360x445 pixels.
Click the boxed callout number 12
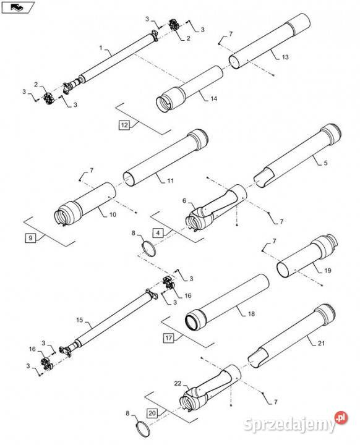coord(124,125)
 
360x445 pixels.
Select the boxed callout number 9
coord(30,238)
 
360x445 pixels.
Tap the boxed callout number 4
coord(158,233)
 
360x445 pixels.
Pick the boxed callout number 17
coord(168,337)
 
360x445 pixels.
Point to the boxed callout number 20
coord(152,413)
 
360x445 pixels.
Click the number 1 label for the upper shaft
coord(101,48)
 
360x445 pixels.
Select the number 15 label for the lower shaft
coord(80,320)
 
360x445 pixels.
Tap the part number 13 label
coord(285,57)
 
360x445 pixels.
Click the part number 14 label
coord(213,98)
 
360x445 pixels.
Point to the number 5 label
coord(325,163)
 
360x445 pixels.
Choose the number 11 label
coord(170,180)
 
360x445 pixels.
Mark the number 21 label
coord(321,343)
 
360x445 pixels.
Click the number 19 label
coord(328,271)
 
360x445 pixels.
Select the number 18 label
coord(252,313)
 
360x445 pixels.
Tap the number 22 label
coord(178,383)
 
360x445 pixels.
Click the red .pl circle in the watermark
coord(341,417)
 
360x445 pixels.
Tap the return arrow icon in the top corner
coord(17,7)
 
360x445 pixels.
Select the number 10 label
coord(113,214)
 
